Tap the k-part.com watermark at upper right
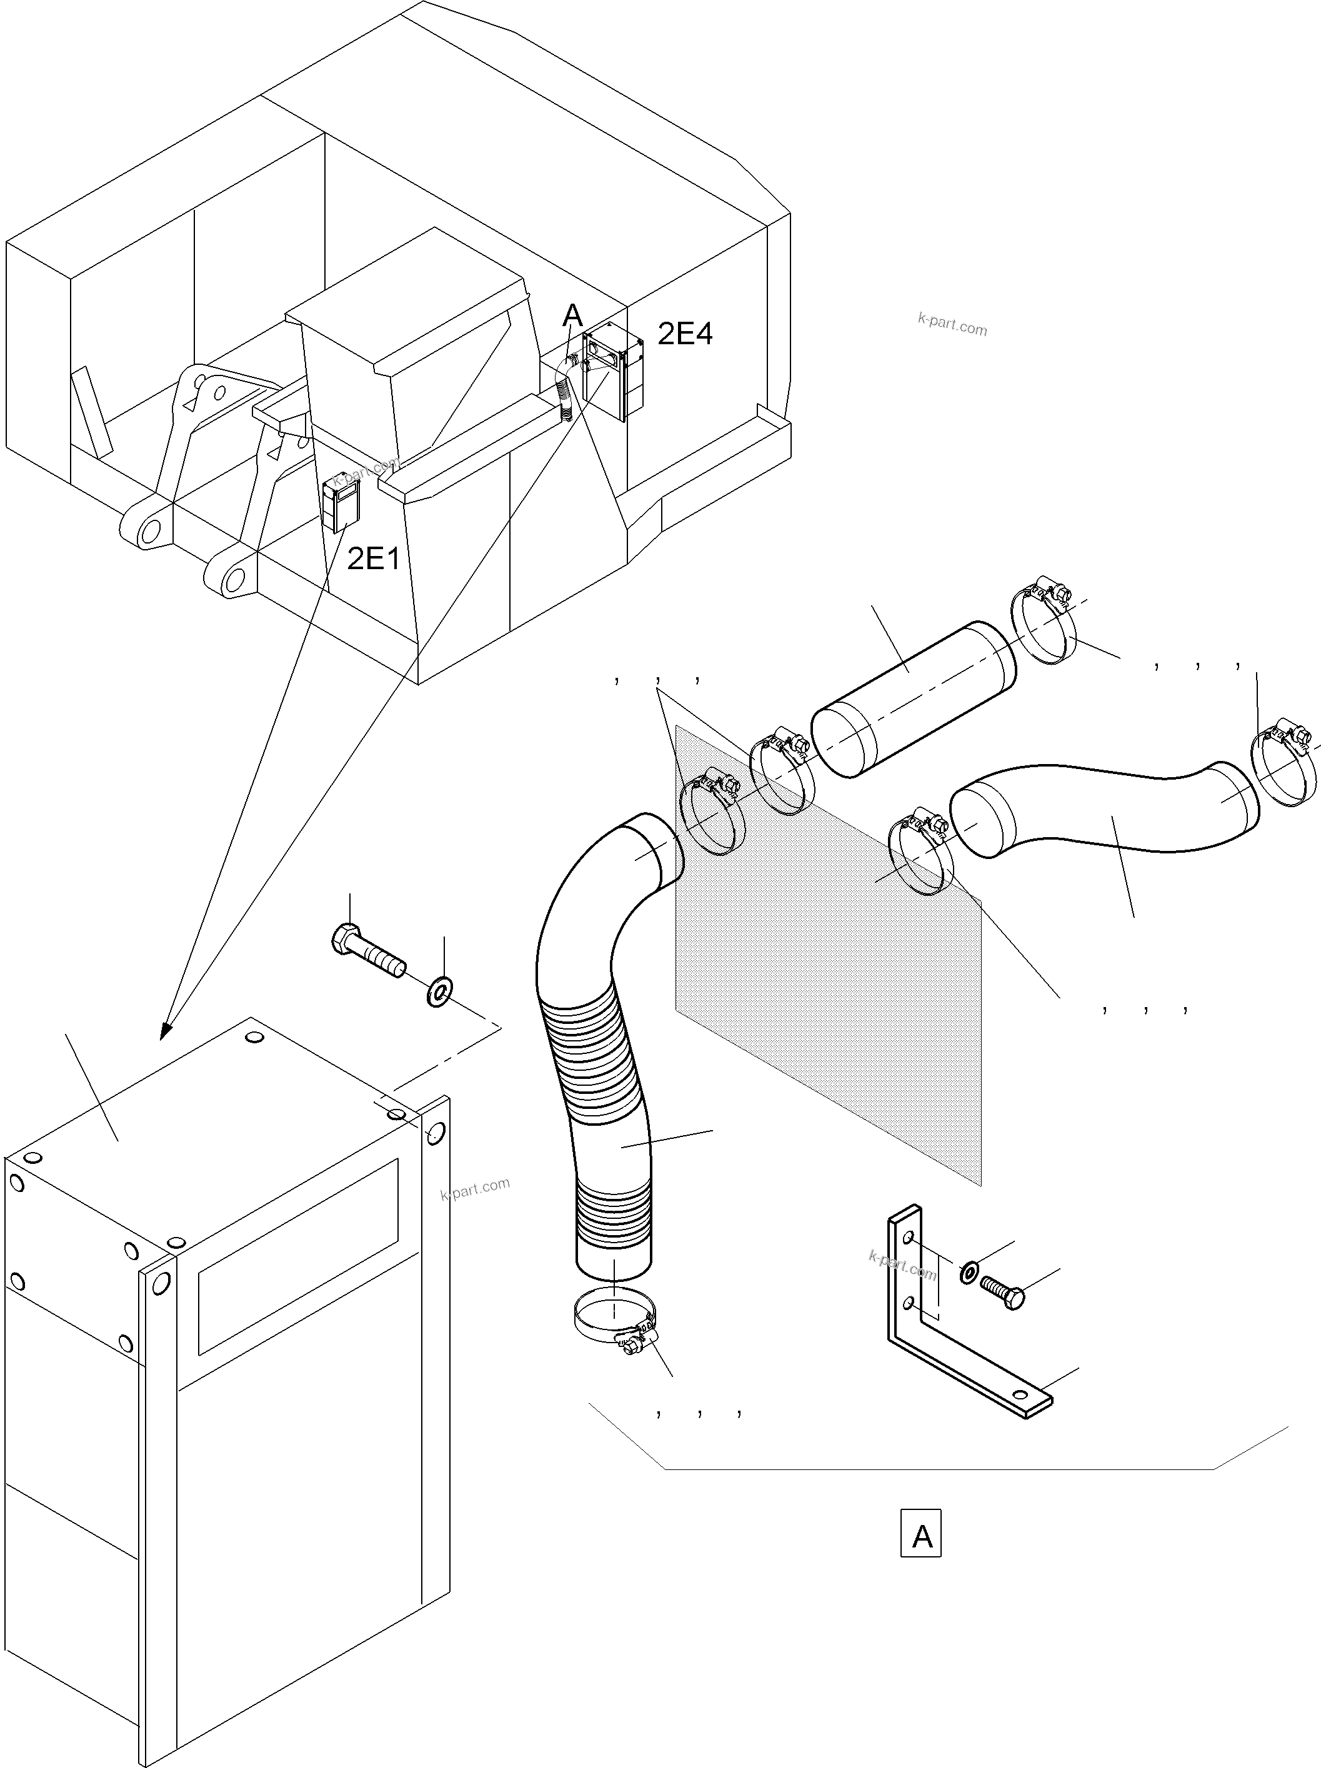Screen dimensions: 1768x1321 pos(952,324)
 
